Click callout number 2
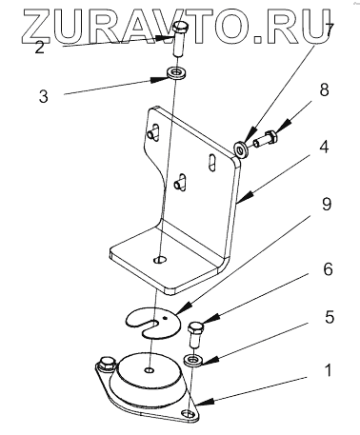point(39,48)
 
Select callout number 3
point(44,96)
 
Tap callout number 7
point(329,30)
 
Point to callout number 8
point(324,89)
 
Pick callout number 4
point(324,147)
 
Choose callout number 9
point(326,204)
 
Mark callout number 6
point(328,269)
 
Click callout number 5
point(330,317)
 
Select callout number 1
point(329,370)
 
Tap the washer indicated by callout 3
point(175,73)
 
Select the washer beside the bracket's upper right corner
point(242,149)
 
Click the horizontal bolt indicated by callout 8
point(266,140)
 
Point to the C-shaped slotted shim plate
point(152,323)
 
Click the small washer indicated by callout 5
point(193,361)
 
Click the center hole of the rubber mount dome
point(149,370)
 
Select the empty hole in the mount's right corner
point(188,414)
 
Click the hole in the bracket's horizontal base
point(160,259)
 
